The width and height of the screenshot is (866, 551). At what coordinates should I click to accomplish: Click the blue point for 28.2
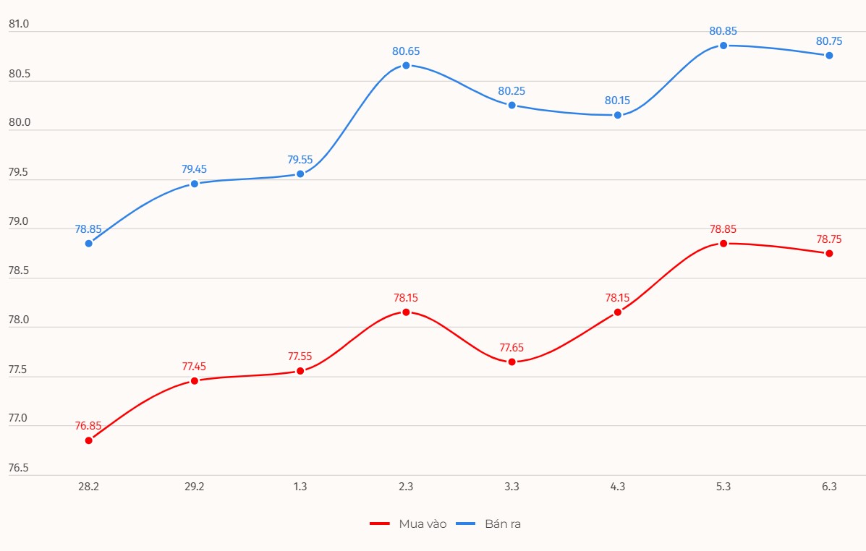(89, 244)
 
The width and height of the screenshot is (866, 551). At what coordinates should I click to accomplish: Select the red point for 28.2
(89, 440)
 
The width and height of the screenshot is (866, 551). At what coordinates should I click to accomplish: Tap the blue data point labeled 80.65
(406, 65)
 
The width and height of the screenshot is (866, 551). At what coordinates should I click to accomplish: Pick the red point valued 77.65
(511, 362)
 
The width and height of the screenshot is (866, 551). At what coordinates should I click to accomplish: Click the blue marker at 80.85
(723, 46)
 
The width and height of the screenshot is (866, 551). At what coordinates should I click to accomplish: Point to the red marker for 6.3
(829, 253)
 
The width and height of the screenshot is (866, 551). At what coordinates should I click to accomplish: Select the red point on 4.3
(618, 312)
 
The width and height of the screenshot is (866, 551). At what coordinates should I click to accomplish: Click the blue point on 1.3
(300, 174)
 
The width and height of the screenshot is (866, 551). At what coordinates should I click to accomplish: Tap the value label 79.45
(194, 169)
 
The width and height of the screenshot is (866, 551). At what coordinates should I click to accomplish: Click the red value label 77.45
(194, 366)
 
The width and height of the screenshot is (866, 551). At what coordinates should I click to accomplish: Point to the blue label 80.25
(511, 91)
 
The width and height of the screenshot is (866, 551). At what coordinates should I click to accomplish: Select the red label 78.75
(829, 239)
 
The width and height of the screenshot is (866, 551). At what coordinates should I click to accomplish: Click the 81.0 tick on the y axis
(19, 25)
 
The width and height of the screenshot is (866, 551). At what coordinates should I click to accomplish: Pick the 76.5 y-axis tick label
(19, 468)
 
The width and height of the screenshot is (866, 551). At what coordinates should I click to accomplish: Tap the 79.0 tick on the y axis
(19, 222)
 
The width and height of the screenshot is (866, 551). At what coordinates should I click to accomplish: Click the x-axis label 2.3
(406, 487)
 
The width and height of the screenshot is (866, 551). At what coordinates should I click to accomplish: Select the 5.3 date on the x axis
(723, 487)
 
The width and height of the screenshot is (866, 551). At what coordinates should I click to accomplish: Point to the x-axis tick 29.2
(194, 487)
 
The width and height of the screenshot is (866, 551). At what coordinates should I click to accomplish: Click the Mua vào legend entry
(408, 524)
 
